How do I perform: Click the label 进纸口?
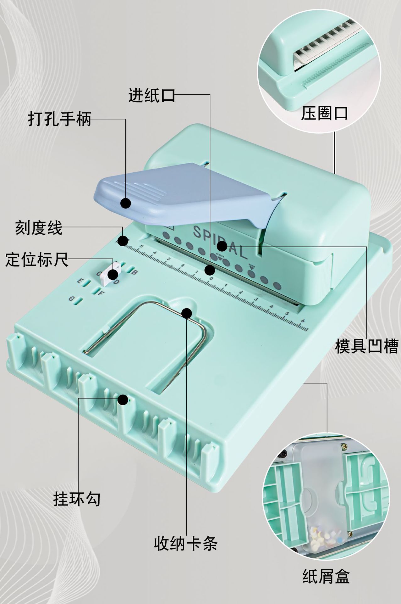tap(151, 95)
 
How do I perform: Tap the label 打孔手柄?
tap(60, 119)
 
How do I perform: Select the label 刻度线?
tap(39, 228)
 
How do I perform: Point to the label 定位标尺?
tap(36, 260)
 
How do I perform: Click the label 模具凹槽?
tap(366, 346)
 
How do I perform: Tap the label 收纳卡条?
tap(185, 543)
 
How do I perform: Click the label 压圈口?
tap(324, 113)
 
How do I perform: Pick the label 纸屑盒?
tap(326, 577)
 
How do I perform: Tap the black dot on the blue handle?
tap(126, 203)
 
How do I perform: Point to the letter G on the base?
tap(71, 299)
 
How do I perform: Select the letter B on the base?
tap(134, 272)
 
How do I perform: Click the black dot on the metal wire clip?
tap(187, 313)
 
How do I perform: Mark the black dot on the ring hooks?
tap(123, 400)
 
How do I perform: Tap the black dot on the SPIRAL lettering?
tap(222, 246)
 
